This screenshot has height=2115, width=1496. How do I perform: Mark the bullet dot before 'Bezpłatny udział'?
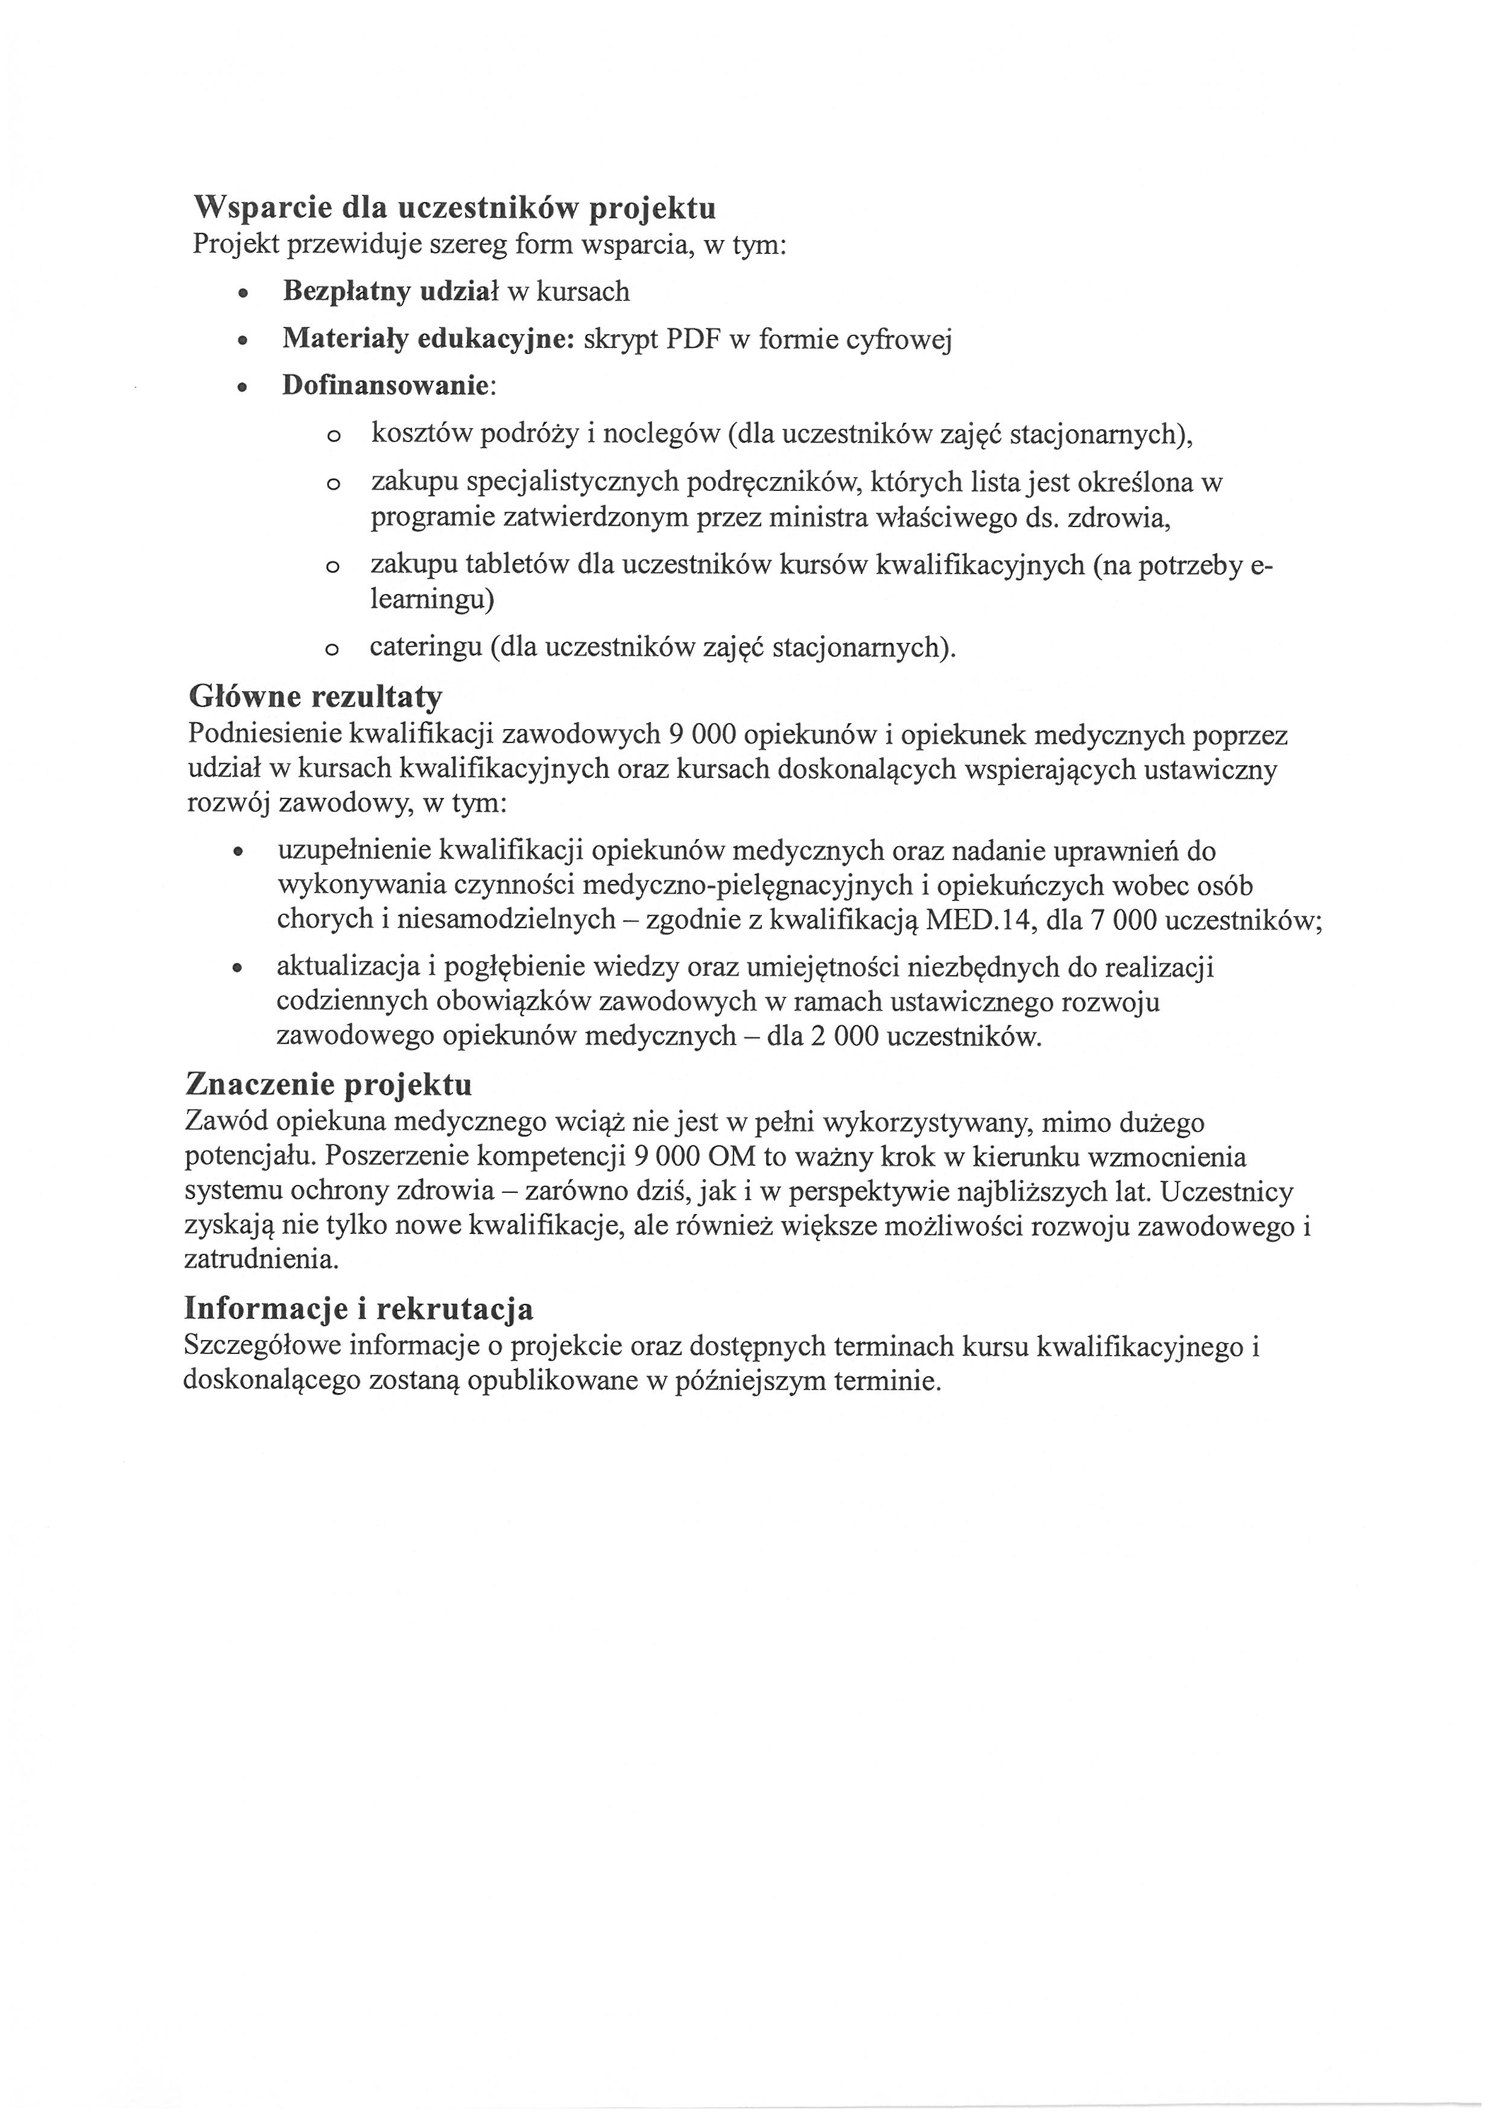[242, 294]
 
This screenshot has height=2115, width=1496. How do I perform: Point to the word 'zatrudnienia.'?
[262, 1259]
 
